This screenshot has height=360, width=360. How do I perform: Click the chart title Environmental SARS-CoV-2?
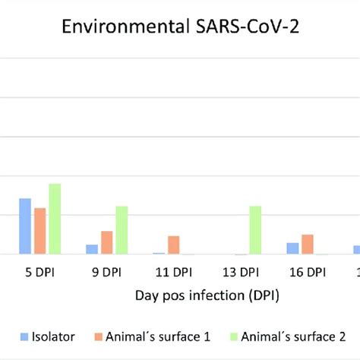click(x=180, y=30)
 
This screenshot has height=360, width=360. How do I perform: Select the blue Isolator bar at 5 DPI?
click(x=25, y=226)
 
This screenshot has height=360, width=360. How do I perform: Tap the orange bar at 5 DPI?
click(x=39, y=231)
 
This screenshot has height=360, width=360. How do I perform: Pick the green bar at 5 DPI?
click(x=55, y=219)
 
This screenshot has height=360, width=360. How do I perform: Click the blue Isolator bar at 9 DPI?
click(x=92, y=249)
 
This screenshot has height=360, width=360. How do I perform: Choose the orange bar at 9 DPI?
click(x=107, y=242)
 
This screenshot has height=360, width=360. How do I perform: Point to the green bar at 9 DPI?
click(x=122, y=230)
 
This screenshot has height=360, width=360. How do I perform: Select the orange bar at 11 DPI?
click(x=174, y=245)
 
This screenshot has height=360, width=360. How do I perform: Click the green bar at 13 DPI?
click(x=255, y=230)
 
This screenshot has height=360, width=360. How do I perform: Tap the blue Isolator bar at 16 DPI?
click(x=292, y=248)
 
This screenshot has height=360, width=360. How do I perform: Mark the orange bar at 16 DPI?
click(x=308, y=244)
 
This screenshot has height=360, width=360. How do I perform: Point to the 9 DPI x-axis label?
click(x=107, y=272)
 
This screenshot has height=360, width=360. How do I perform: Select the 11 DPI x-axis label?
click(x=174, y=272)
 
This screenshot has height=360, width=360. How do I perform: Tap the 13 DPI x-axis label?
click(x=241, y=272)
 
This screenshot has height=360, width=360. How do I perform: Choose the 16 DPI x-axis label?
click(x=308, y=272)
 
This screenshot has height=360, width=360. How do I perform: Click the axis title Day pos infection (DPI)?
click(x=207, y=296)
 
